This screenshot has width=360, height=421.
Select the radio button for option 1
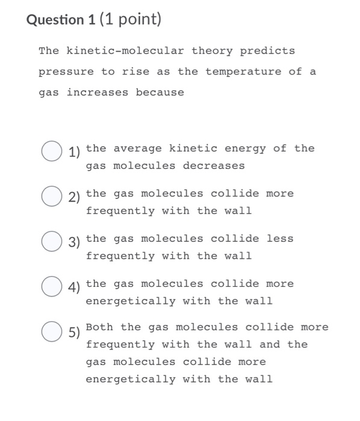click(51, 151)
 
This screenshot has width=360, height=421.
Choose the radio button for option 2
click(51, 197)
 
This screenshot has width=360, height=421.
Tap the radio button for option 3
click(51, 242)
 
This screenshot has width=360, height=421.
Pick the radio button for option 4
click(51, 287)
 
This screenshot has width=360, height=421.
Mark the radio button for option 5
click(51, 331)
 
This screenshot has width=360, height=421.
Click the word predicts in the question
click(267, 51)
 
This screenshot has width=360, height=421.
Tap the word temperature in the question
click(243, 72)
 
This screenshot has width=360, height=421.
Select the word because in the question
click(160, 93)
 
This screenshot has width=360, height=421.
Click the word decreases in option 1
click(214, 165)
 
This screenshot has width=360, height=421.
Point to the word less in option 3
click(280, 238)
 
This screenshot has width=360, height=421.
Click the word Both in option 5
click(100, 327)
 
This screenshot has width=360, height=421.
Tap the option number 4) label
click(75, 287)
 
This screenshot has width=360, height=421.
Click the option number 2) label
click(75, 197)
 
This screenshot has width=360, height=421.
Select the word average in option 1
click(138, 148)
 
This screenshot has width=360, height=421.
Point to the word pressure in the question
click(66, 72)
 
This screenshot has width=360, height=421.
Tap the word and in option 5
click(270, 345)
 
